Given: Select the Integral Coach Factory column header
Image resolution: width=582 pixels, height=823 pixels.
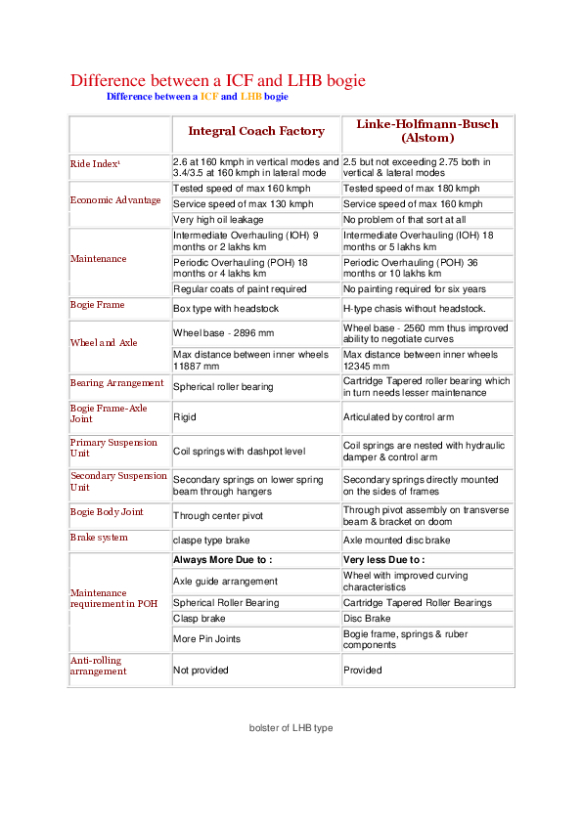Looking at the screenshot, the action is pos(255,131).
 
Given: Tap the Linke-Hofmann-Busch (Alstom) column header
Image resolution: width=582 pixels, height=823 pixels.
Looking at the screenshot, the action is pos(426,131).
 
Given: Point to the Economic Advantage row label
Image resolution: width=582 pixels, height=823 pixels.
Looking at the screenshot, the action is pos(115,200).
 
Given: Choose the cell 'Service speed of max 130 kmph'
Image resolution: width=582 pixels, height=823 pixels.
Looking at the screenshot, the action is pos(243,204).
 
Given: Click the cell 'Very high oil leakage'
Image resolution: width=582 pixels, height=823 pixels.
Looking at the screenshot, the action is pos(218,220).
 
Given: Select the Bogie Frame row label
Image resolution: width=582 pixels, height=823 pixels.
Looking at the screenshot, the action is pos(97,305).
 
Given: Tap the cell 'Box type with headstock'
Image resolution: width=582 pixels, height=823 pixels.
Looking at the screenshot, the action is pos(226,308).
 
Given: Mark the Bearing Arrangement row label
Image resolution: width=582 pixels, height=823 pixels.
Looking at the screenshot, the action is pos(116,382).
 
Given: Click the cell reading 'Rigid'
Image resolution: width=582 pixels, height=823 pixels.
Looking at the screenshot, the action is pos(184,416).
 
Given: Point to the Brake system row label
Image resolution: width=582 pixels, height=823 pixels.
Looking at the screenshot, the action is pos(99,538).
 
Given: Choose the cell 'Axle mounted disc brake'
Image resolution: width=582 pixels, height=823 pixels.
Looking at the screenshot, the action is pos(396,540).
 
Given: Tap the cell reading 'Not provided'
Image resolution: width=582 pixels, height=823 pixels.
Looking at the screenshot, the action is pos(201,671).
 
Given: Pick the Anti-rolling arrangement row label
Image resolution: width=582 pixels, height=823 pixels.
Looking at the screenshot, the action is pos(99,667).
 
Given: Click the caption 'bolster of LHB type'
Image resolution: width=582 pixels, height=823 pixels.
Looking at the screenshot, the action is pos(291,728).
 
